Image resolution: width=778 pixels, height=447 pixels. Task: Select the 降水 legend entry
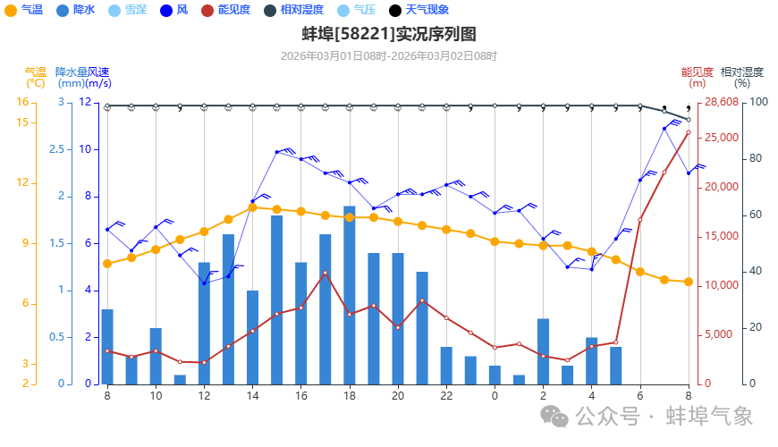77,10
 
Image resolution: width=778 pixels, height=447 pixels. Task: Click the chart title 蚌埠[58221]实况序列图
388,35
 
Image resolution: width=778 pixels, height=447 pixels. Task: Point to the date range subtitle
388,55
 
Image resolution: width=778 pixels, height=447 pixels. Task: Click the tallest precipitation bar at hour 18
350,295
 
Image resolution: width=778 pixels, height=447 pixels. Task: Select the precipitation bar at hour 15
277,299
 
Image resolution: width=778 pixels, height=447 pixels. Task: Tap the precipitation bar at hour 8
107,347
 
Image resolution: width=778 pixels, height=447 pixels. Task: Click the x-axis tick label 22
446,395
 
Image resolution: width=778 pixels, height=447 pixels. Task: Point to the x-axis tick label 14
253,395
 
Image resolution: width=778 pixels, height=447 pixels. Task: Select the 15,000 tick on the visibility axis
723,236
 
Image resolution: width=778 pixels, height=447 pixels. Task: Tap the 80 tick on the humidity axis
752,158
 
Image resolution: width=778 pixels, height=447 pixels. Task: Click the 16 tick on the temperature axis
22,102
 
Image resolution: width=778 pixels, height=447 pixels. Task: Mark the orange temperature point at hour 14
253,207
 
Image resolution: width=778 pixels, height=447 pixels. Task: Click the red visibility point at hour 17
326,273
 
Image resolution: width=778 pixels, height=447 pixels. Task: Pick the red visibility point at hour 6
640,219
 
